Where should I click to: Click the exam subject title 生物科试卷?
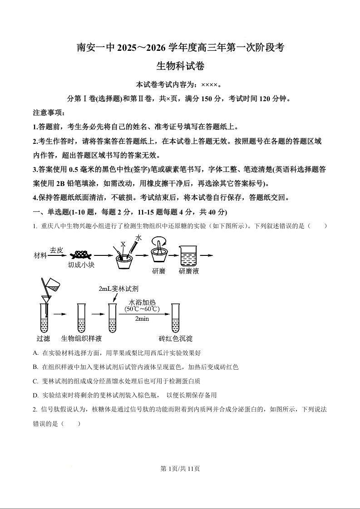click(180, 66)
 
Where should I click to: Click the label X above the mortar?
click(123, 244)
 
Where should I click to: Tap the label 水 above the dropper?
click(138, 238)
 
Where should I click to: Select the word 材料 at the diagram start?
click(40, 255)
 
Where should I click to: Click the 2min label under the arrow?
click(142, 318)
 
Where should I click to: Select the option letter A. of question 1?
click(36, 352)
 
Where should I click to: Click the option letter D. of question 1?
click(36, 395)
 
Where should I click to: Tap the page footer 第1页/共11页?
click(180, 469)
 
